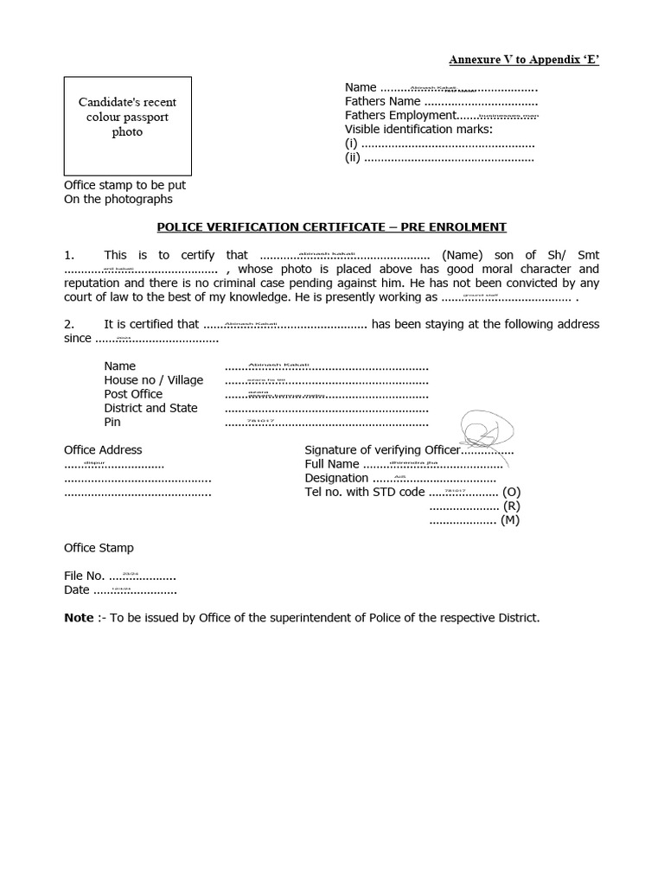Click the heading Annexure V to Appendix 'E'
(524, 60)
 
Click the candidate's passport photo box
(127, 126)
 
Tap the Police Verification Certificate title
(331, 227)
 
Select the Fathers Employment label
(399, 115)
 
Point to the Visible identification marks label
(418, 129)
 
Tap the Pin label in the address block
(112, 422)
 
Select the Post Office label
(133, 394)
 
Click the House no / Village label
(153, 380)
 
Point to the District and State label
(150, 408)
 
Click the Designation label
(336, 478)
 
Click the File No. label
(85, 576)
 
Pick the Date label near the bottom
(77, 589)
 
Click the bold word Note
(79, 618)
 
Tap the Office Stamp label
(99, 548)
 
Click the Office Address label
(103, 450)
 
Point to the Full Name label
(332, 464)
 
